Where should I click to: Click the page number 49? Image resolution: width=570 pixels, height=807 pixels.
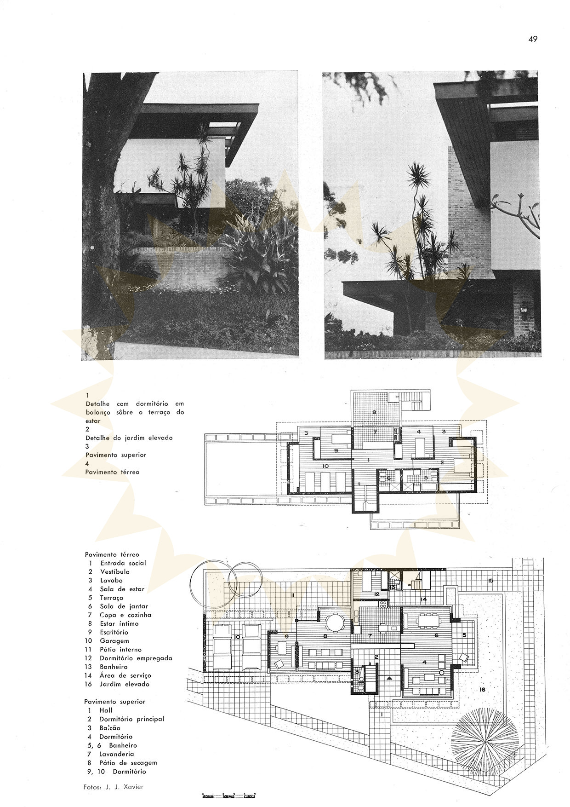click(532, 39)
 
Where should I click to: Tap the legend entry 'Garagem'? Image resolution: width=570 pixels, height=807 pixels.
click(114, 641)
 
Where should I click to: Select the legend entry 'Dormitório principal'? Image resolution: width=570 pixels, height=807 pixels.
click(132, 719)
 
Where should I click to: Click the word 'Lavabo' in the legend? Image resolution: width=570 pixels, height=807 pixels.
click(111, 580)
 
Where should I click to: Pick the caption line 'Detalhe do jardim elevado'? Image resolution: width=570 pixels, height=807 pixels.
click(129, 438)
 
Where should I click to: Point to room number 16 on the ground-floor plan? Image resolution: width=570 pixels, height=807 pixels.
click(482, 690)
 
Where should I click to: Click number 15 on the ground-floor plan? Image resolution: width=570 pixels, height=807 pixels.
click(491, 581)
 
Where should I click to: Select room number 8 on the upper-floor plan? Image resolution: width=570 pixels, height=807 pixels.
click(374, 412)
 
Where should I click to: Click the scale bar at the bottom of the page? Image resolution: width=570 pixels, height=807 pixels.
click(228, 795)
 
